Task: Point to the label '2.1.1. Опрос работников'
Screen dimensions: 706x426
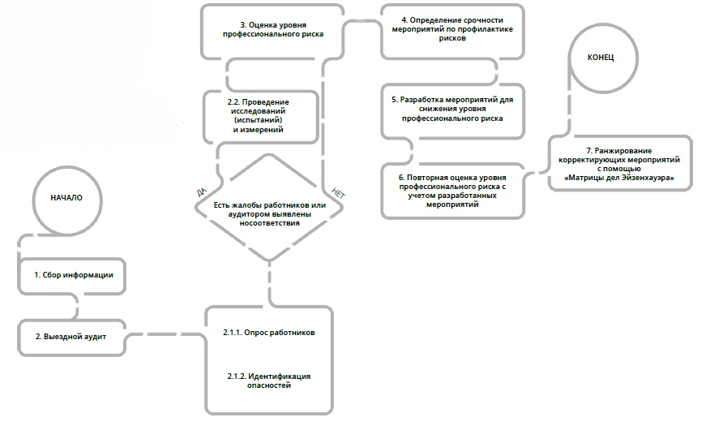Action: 269,333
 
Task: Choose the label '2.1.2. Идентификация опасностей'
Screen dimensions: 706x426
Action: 269,381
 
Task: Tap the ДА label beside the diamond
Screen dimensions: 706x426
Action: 201,192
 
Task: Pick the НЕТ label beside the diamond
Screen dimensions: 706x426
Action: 338,193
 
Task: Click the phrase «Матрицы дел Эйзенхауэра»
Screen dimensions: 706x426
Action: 619,178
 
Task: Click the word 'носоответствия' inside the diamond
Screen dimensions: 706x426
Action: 269,223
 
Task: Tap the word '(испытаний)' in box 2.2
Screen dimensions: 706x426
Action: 259,120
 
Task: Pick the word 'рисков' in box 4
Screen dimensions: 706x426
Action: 452,38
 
